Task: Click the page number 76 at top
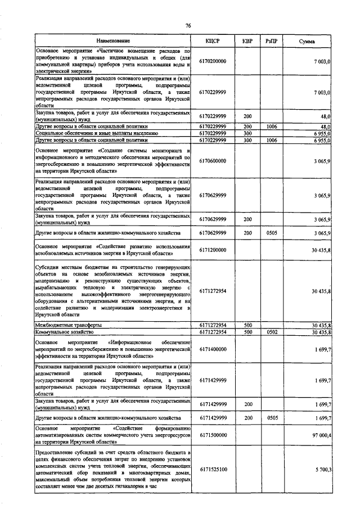coord(189,25)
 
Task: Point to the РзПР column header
coord(272,42)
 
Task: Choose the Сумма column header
coord(307,42)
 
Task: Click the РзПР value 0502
coord(272,332)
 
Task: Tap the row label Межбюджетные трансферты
coord(68,325)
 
